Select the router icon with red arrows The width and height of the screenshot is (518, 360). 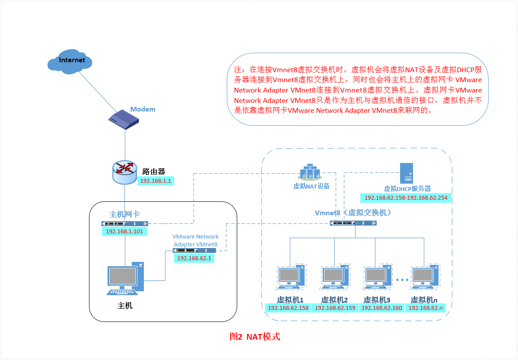pyautogui.click(x=125, y=171)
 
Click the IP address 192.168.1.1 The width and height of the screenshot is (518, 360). pyautogui.click(x=156, y=181)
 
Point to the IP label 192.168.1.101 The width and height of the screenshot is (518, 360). pyautogui.click(x=124, y=232)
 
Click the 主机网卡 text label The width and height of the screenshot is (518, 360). pyautogui.click(x=124, y=215)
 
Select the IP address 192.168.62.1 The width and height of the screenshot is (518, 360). pyautogui.click(x=194, y=258)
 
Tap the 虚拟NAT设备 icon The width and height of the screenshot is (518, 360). pyautogui.click(x=310, y=172)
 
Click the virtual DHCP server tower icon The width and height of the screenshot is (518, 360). pyautogui.click(x=407, y=173)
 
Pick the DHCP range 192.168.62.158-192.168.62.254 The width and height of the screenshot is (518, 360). pyautogui.click(x=406, y=198)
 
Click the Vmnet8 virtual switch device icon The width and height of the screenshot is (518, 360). pyautogui.click(x=353, y=223)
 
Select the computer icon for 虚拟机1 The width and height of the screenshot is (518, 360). pyautogui.click(x=290, y=277)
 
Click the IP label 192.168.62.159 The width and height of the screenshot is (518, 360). pyautogui.click(x=335, y=308)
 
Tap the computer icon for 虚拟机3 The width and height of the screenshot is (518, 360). pyautogui.click(x=377, y=277)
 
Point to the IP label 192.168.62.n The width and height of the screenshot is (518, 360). pyautogui.click(x=426, y=308)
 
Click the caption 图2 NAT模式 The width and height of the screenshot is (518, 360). pyautogui.click(x=254, y=337)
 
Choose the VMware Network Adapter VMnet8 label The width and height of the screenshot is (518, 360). pyautogui.click(x=195, y=240)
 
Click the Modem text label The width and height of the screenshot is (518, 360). pyautogui.click(x=143, y=109)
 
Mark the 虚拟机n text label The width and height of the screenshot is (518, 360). pyautogui.click(x=424, y=299)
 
